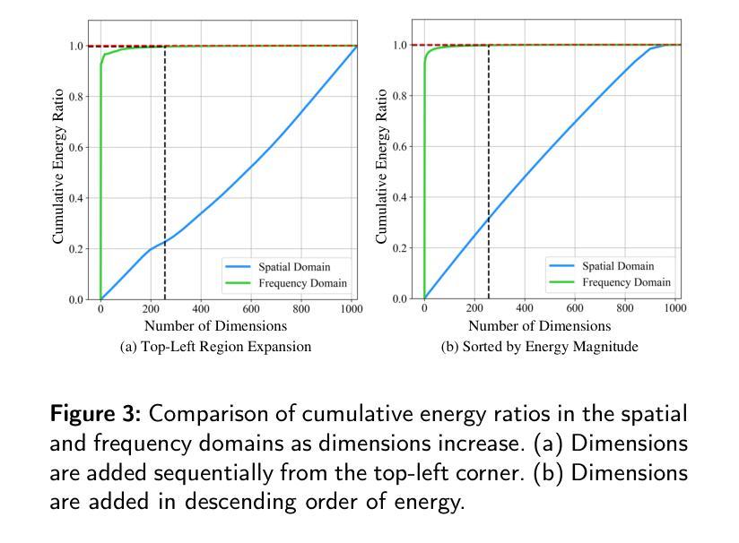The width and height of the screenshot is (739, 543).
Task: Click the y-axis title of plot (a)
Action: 58,166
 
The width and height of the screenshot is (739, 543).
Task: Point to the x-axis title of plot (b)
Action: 539,326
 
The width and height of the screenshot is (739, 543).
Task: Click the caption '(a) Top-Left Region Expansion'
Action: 215,347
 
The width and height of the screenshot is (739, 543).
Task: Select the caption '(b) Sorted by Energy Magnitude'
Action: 539,347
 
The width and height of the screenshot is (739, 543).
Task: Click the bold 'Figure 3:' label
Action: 96,414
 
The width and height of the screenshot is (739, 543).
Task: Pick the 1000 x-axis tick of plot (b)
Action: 674,308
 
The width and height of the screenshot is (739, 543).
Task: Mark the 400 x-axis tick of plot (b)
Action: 525,308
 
